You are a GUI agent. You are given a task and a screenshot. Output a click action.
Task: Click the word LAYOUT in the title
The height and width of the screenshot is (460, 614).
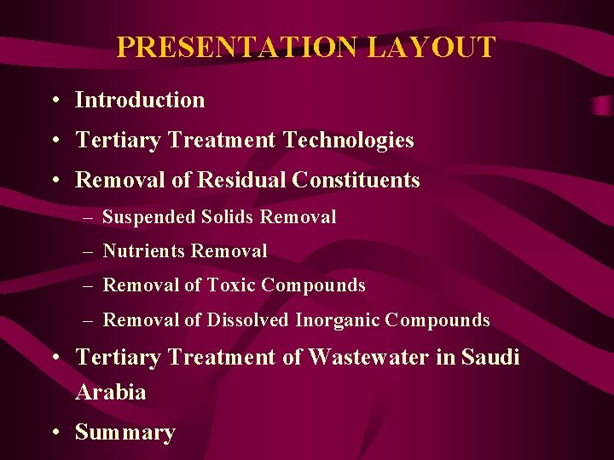[431, 47]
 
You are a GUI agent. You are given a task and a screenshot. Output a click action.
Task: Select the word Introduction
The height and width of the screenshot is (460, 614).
[140, 100]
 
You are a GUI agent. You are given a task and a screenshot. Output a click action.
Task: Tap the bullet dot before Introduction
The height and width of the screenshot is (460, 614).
[54, 101]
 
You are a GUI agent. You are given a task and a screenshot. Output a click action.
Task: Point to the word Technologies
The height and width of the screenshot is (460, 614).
[349, 141]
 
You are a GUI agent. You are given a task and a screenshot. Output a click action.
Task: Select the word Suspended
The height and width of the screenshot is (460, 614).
[149, 217]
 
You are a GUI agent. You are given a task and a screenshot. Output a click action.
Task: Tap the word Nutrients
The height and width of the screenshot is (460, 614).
[144, 251]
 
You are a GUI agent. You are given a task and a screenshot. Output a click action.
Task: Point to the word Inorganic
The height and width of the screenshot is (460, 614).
[337, 321]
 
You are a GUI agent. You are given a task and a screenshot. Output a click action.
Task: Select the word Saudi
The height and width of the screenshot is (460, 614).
[490, 358]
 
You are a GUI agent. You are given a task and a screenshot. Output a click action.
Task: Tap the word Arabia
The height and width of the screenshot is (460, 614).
[110, 393]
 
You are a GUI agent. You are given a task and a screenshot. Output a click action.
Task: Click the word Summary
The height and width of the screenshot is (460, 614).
[125, 433]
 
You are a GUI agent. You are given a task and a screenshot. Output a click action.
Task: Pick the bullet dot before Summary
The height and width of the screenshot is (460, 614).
[54, 433]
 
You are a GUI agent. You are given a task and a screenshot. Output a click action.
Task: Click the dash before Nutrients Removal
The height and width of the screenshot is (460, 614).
[90, 252]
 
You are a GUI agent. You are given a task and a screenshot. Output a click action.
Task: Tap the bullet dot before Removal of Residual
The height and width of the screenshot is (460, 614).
[54, 181]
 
